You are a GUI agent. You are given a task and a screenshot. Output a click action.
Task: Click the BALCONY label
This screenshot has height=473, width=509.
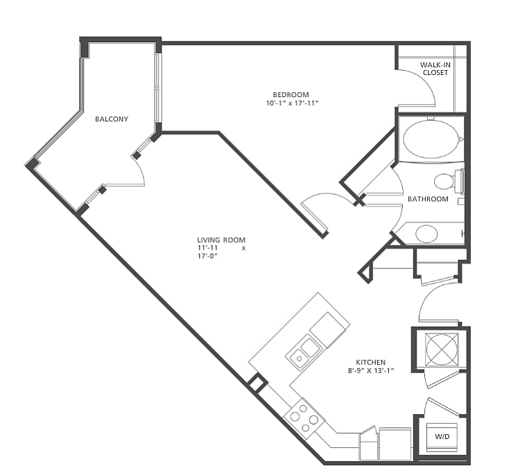tap(112, 119)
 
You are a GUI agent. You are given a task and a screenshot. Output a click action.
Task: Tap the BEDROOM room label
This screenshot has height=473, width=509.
tap(291, 95)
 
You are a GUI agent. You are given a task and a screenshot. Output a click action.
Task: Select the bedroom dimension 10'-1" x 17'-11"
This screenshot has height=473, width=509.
tap(292, 103)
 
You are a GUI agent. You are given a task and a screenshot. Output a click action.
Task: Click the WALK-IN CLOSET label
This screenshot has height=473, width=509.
tap(435, 69)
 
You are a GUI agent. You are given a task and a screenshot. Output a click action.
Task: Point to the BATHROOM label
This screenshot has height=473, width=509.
tap(428, 199)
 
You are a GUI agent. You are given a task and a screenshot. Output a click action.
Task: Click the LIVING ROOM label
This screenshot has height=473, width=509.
tap(221, 240)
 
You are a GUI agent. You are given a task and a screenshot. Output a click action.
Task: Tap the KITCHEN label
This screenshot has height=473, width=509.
tap(371, 362)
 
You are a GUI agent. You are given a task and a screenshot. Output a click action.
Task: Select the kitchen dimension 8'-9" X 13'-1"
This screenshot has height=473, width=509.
tap(371, 370)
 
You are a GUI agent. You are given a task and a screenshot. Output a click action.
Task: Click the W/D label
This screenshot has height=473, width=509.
tap(442, 437)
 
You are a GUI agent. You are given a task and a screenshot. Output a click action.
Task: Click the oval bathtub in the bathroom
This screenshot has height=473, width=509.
tap(431, 139)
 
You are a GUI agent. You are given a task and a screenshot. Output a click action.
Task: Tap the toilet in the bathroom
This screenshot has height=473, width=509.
tap(448, 181)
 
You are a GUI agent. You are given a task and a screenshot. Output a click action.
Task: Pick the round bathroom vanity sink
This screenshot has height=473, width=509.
tap(426, 234)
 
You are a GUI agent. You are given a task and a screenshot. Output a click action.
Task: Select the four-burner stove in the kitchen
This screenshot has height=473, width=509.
tap(304, 418)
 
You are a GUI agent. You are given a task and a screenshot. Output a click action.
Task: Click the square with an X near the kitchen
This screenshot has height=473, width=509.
tap(442, 349)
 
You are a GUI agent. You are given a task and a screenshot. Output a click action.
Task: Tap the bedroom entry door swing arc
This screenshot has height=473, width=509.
tap(328, 195)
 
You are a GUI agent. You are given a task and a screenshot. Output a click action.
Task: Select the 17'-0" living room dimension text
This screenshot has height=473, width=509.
tap(207, 256)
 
